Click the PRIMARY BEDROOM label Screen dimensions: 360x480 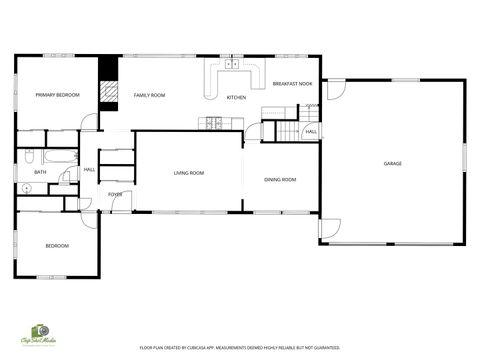coord(57,95)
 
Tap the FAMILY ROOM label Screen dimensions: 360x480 coord(150,95)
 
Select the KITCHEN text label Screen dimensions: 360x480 coord(236,98)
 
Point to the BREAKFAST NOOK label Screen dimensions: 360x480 coord(292,84)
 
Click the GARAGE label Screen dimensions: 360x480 coord(392,163)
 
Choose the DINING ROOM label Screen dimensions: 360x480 coord(280,179)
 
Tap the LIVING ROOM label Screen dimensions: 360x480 coord(189,173)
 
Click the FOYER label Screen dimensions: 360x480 coord(115,194)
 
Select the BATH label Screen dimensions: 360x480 coord(40,172)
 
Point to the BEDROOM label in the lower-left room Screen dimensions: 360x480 coord(57,245)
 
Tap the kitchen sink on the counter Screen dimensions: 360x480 coord(231,64)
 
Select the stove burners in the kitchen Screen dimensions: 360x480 coord(213,123)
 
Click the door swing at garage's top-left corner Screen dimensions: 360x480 coord(335,88)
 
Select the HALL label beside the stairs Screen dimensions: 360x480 coord(311,132)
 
